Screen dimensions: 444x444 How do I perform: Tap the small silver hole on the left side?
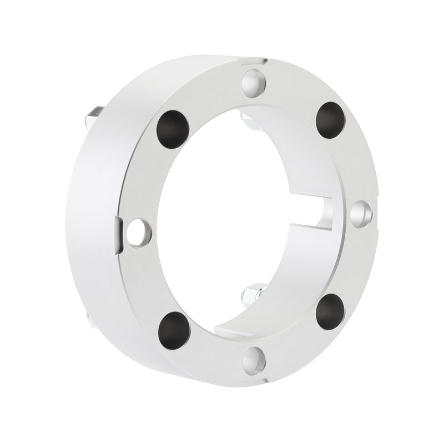point(139,233)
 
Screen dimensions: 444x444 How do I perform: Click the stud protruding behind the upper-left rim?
point(92,117)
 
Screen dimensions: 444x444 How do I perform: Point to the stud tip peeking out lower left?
point(89,317)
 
